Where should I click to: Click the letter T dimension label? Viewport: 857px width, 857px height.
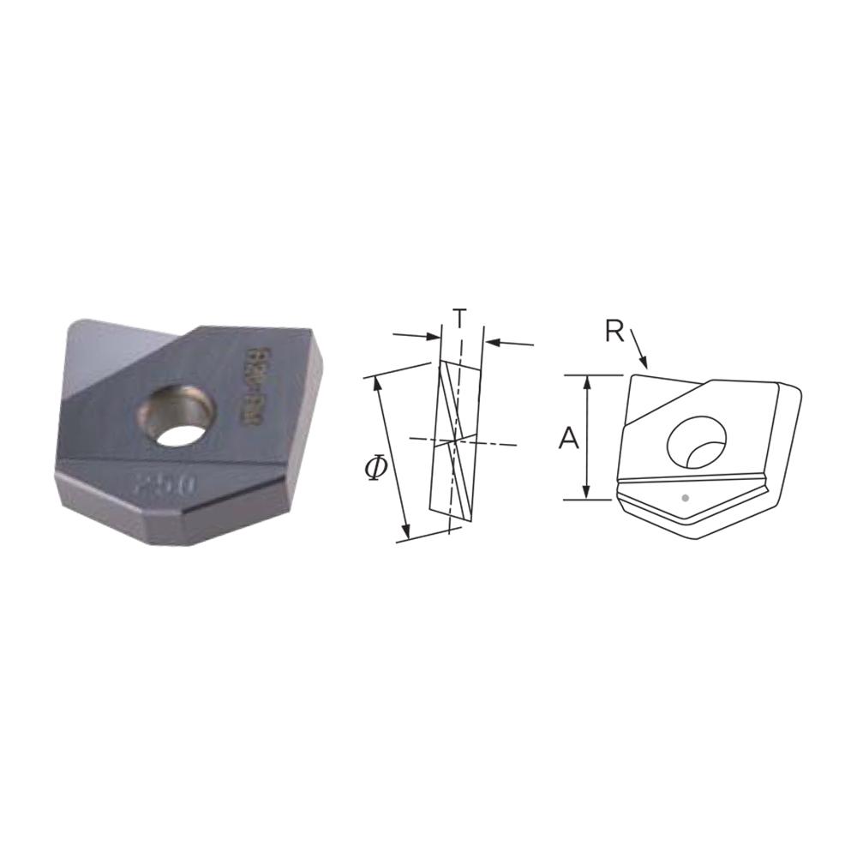pyautogui.click(x=460, y=318)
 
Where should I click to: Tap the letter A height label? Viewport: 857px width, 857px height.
pyautogui.click(x=567, y=439)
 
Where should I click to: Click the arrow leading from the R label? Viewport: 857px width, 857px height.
pyautogui.click(x=641, y=353)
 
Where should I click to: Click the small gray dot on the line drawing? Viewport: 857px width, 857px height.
pyautogui.click(x=684, y=497)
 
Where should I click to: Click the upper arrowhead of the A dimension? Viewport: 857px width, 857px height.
pyautogui.click(x=586, y=381)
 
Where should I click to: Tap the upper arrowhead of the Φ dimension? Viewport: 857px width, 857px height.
pyautogui.click(x=376, y=381)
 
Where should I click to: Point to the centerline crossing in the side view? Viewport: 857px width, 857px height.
pyautogui.click(x=455, y=440)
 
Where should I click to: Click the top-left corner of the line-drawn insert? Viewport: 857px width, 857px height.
pyautogui.click(x=632, y=377)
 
